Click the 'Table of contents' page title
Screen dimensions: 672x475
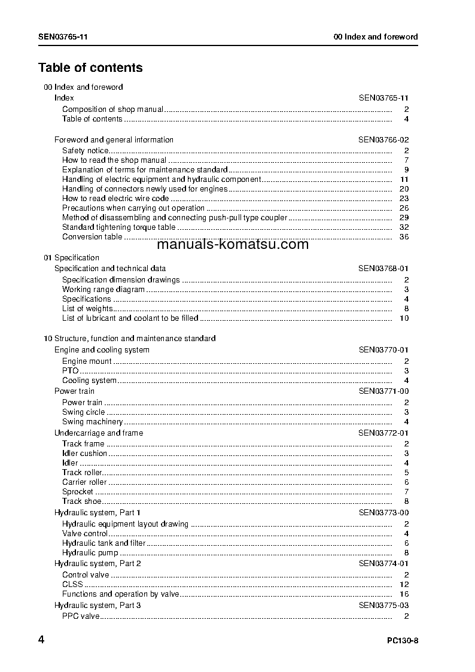click(x=90, y=68)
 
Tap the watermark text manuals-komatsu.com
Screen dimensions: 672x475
click(x=233, y=244)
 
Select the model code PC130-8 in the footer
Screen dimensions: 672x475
click(x=403, y=641)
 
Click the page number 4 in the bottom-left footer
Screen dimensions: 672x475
click(x=41, y=640)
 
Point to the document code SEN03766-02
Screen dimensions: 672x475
click(x=383, y=140)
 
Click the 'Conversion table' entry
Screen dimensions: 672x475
click(x=92, y=237)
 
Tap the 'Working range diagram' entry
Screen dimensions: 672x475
click(x=103, y=290)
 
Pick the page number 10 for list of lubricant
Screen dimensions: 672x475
click(x=404, y=318)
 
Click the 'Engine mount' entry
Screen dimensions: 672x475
click(x=87, y=361)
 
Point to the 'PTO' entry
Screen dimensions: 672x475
click(x=71, y=371)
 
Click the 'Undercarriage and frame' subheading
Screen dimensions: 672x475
click(x=99, y=433)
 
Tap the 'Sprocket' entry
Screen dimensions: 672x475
click(x=78, y=492)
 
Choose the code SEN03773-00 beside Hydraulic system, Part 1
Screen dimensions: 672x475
click(x=383, y=513)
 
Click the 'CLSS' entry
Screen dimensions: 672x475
click(x=72, y=585)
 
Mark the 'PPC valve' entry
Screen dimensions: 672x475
click(x=81, y=616)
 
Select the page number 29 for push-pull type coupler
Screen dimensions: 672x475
click(x=404, y=218)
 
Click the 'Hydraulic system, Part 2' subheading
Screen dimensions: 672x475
click(x=98, y=564)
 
